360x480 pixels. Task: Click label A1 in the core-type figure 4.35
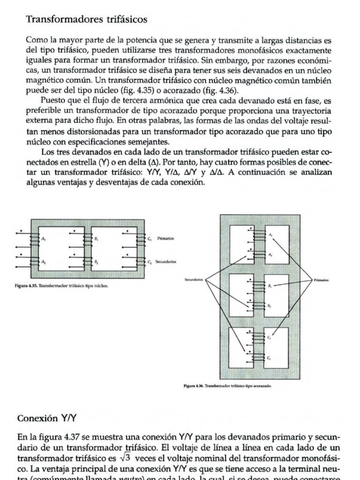click(44, 239)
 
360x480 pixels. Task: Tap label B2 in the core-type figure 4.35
click(96, 262)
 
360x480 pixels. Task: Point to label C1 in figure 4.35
click(150, 239)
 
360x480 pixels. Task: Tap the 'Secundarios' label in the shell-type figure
click(193, 279)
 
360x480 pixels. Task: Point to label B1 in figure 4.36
click(270, 285)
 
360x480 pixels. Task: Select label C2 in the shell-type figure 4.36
click(269, 358)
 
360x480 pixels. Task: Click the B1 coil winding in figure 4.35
click(86, 239)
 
